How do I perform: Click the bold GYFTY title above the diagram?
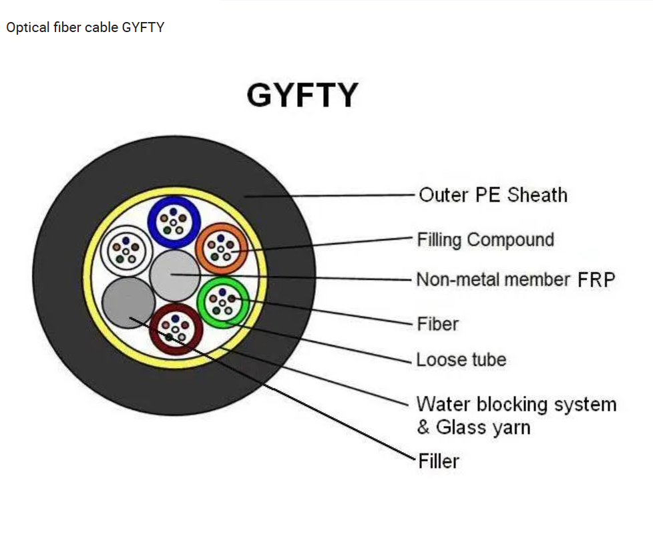pos(302,95)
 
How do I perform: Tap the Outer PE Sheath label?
pos(493,195)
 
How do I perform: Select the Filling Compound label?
pos(485,240)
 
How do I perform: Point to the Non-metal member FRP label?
pos(515,279)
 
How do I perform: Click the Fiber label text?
pos(437,325)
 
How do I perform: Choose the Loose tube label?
pos(461,360)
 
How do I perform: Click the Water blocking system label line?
pos(516,404)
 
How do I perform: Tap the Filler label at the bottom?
pos(439,461)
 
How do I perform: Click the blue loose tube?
pos(174,220)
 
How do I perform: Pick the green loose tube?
pos(223,303)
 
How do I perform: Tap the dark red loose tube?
pos(176,328)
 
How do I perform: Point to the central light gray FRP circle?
pos(174,275)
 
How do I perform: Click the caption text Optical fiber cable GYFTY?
pos(85,27)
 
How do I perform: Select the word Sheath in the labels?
pos(537,195)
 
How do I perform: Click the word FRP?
pos(596,279)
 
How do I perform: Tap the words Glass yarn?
pos(483,427)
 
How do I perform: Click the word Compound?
pos(510,240)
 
